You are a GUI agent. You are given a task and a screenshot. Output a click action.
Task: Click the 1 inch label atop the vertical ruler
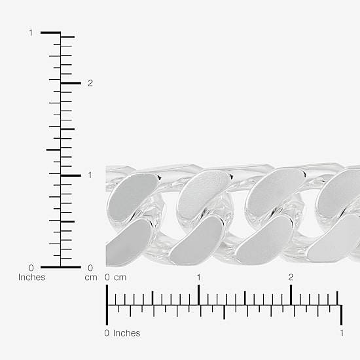31,33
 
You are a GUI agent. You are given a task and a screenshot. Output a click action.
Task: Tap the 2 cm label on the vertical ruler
90,83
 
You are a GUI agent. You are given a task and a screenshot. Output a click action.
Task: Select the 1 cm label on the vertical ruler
90,175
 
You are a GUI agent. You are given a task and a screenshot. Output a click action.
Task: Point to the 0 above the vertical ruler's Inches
31,268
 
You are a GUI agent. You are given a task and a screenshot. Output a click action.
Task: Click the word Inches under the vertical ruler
31,277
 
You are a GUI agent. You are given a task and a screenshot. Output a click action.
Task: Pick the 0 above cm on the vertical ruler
90,268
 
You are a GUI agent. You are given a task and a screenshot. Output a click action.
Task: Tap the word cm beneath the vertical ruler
91,278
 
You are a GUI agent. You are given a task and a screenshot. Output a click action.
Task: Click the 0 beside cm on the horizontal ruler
107,278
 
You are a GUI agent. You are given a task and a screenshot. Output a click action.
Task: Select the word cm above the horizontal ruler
120,278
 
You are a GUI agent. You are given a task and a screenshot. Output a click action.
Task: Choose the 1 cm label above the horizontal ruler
198,278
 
